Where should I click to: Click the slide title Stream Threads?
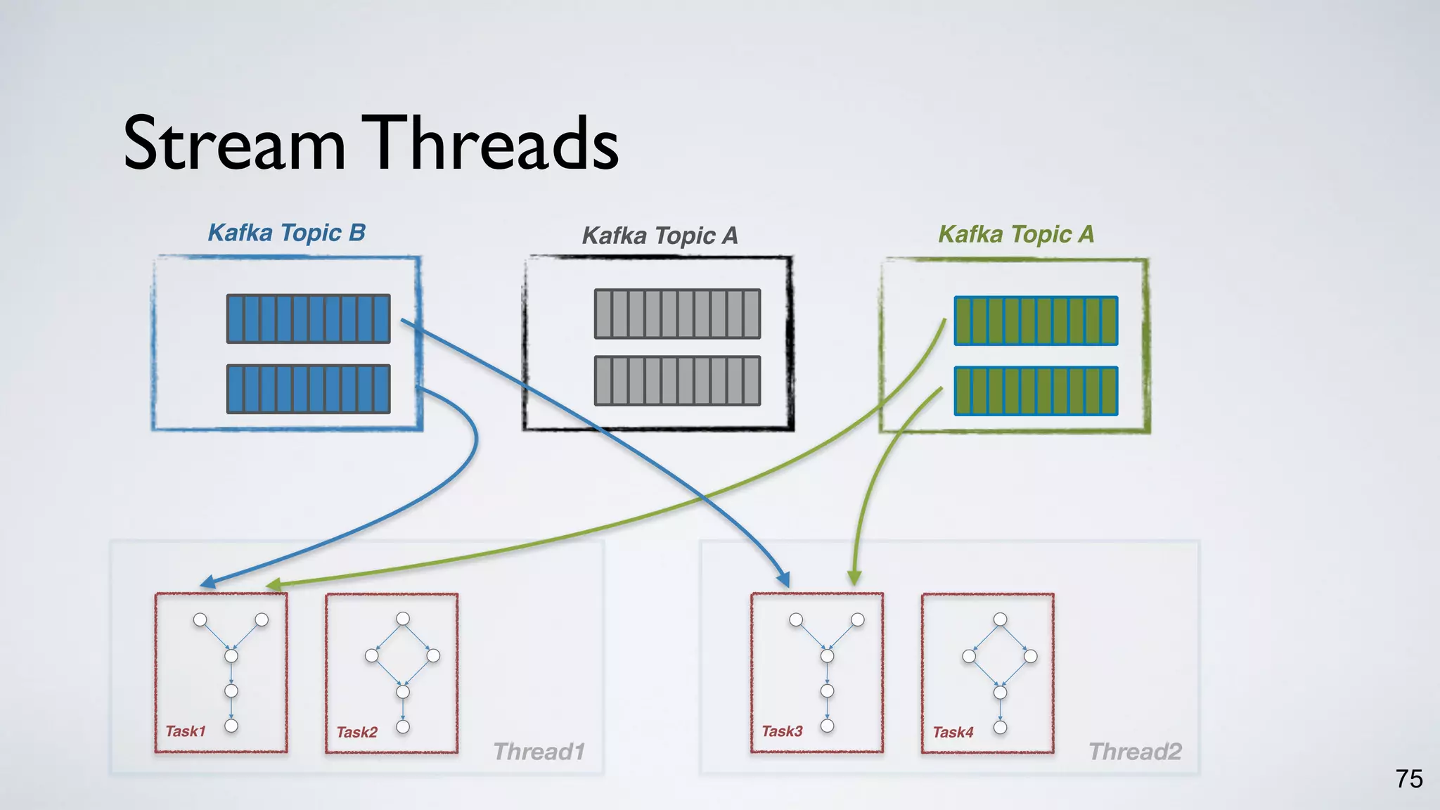pyautogui.click(x=371, y=143)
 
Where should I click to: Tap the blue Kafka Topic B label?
pyautogui.click(x=287, y=233)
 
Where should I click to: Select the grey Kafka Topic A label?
pyautogui.click(x=660, y=236)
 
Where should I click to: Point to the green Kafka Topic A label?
pyautogui.click(x=1016, y=234)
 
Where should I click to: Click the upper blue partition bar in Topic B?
pyautogui.click(x=308, y=319)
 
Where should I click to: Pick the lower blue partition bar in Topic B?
pyautogui.click(x=308, y=389)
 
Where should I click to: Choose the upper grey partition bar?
pyautogui.click(x=677, y=314)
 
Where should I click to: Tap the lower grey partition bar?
pyautogui.click(x=677, y=381)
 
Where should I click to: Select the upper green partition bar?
pyautogui.click(x=1036, y=321)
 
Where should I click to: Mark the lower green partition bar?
pyautogui.click(x=1036, y=391)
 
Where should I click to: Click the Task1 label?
pyautogui.click(x=186, y=731)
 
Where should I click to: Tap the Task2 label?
pyautogui.click(x=357, y=733)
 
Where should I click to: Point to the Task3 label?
pyautogui.click(x=782, y=731)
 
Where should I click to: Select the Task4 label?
pyautogui.click(x=953, y=733)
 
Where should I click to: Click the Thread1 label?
pyautogui.click(x=539, y=752)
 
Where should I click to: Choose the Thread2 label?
pyautogui.click(x=1135, y=752)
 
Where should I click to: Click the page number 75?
pyautogui.click(x=1409, y=779)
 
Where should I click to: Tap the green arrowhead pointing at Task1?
pyautogui.click(x=274, y=585)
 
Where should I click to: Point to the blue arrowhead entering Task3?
pyautogui.click(x=783, y=579)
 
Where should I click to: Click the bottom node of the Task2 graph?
pyautogui.click(x=403, y=727)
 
